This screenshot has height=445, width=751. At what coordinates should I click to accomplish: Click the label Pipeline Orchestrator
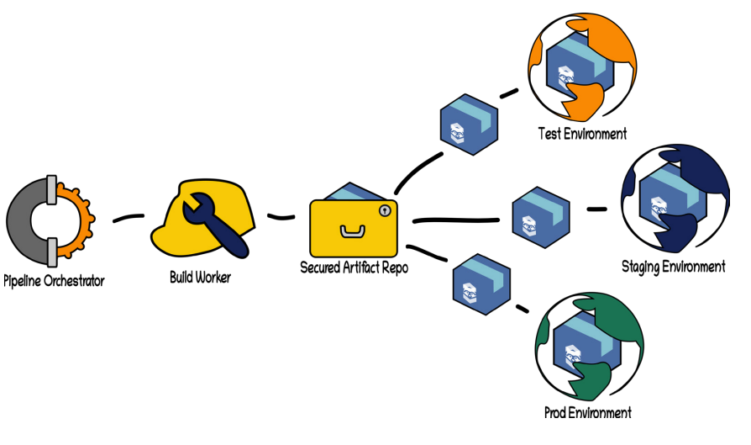point(54,281)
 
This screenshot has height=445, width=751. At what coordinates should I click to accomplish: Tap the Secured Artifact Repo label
point(354,268)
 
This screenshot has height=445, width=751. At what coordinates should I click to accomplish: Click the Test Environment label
point(582,133)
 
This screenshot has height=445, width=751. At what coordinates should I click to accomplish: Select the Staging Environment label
point(673,267)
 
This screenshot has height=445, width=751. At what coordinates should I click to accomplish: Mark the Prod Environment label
point(587,413)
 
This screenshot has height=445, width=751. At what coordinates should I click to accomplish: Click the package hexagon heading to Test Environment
point(470,123)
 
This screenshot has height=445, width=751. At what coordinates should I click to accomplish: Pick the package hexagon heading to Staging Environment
point(541,217)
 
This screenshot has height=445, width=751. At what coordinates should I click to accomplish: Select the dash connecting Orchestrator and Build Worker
point(129,220)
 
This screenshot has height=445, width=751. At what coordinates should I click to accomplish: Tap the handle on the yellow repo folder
point(350,230)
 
